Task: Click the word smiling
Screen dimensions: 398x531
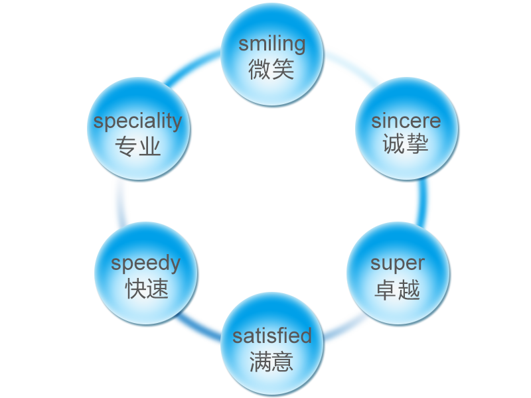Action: [272, 44]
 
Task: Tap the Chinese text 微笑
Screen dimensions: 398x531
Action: [271, 69]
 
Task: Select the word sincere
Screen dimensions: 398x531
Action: [406, 121]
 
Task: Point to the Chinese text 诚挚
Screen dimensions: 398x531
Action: [406, 145]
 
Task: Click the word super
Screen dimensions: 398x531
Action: [397, 263]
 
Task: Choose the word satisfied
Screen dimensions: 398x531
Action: [271, 336]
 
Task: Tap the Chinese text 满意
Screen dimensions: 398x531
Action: [271, 362]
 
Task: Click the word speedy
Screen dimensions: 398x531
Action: [145, 263]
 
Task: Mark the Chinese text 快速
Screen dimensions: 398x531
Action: [147, 289]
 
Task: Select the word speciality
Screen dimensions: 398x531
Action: [137, 122]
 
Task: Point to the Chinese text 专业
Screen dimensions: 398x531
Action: [138, 146]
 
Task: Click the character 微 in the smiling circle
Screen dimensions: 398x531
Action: [260, 69]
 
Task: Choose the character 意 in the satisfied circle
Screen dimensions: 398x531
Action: [283, 362]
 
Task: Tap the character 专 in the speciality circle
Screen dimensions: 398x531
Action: [126, 146]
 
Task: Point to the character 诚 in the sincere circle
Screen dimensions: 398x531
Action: [394, 145]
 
